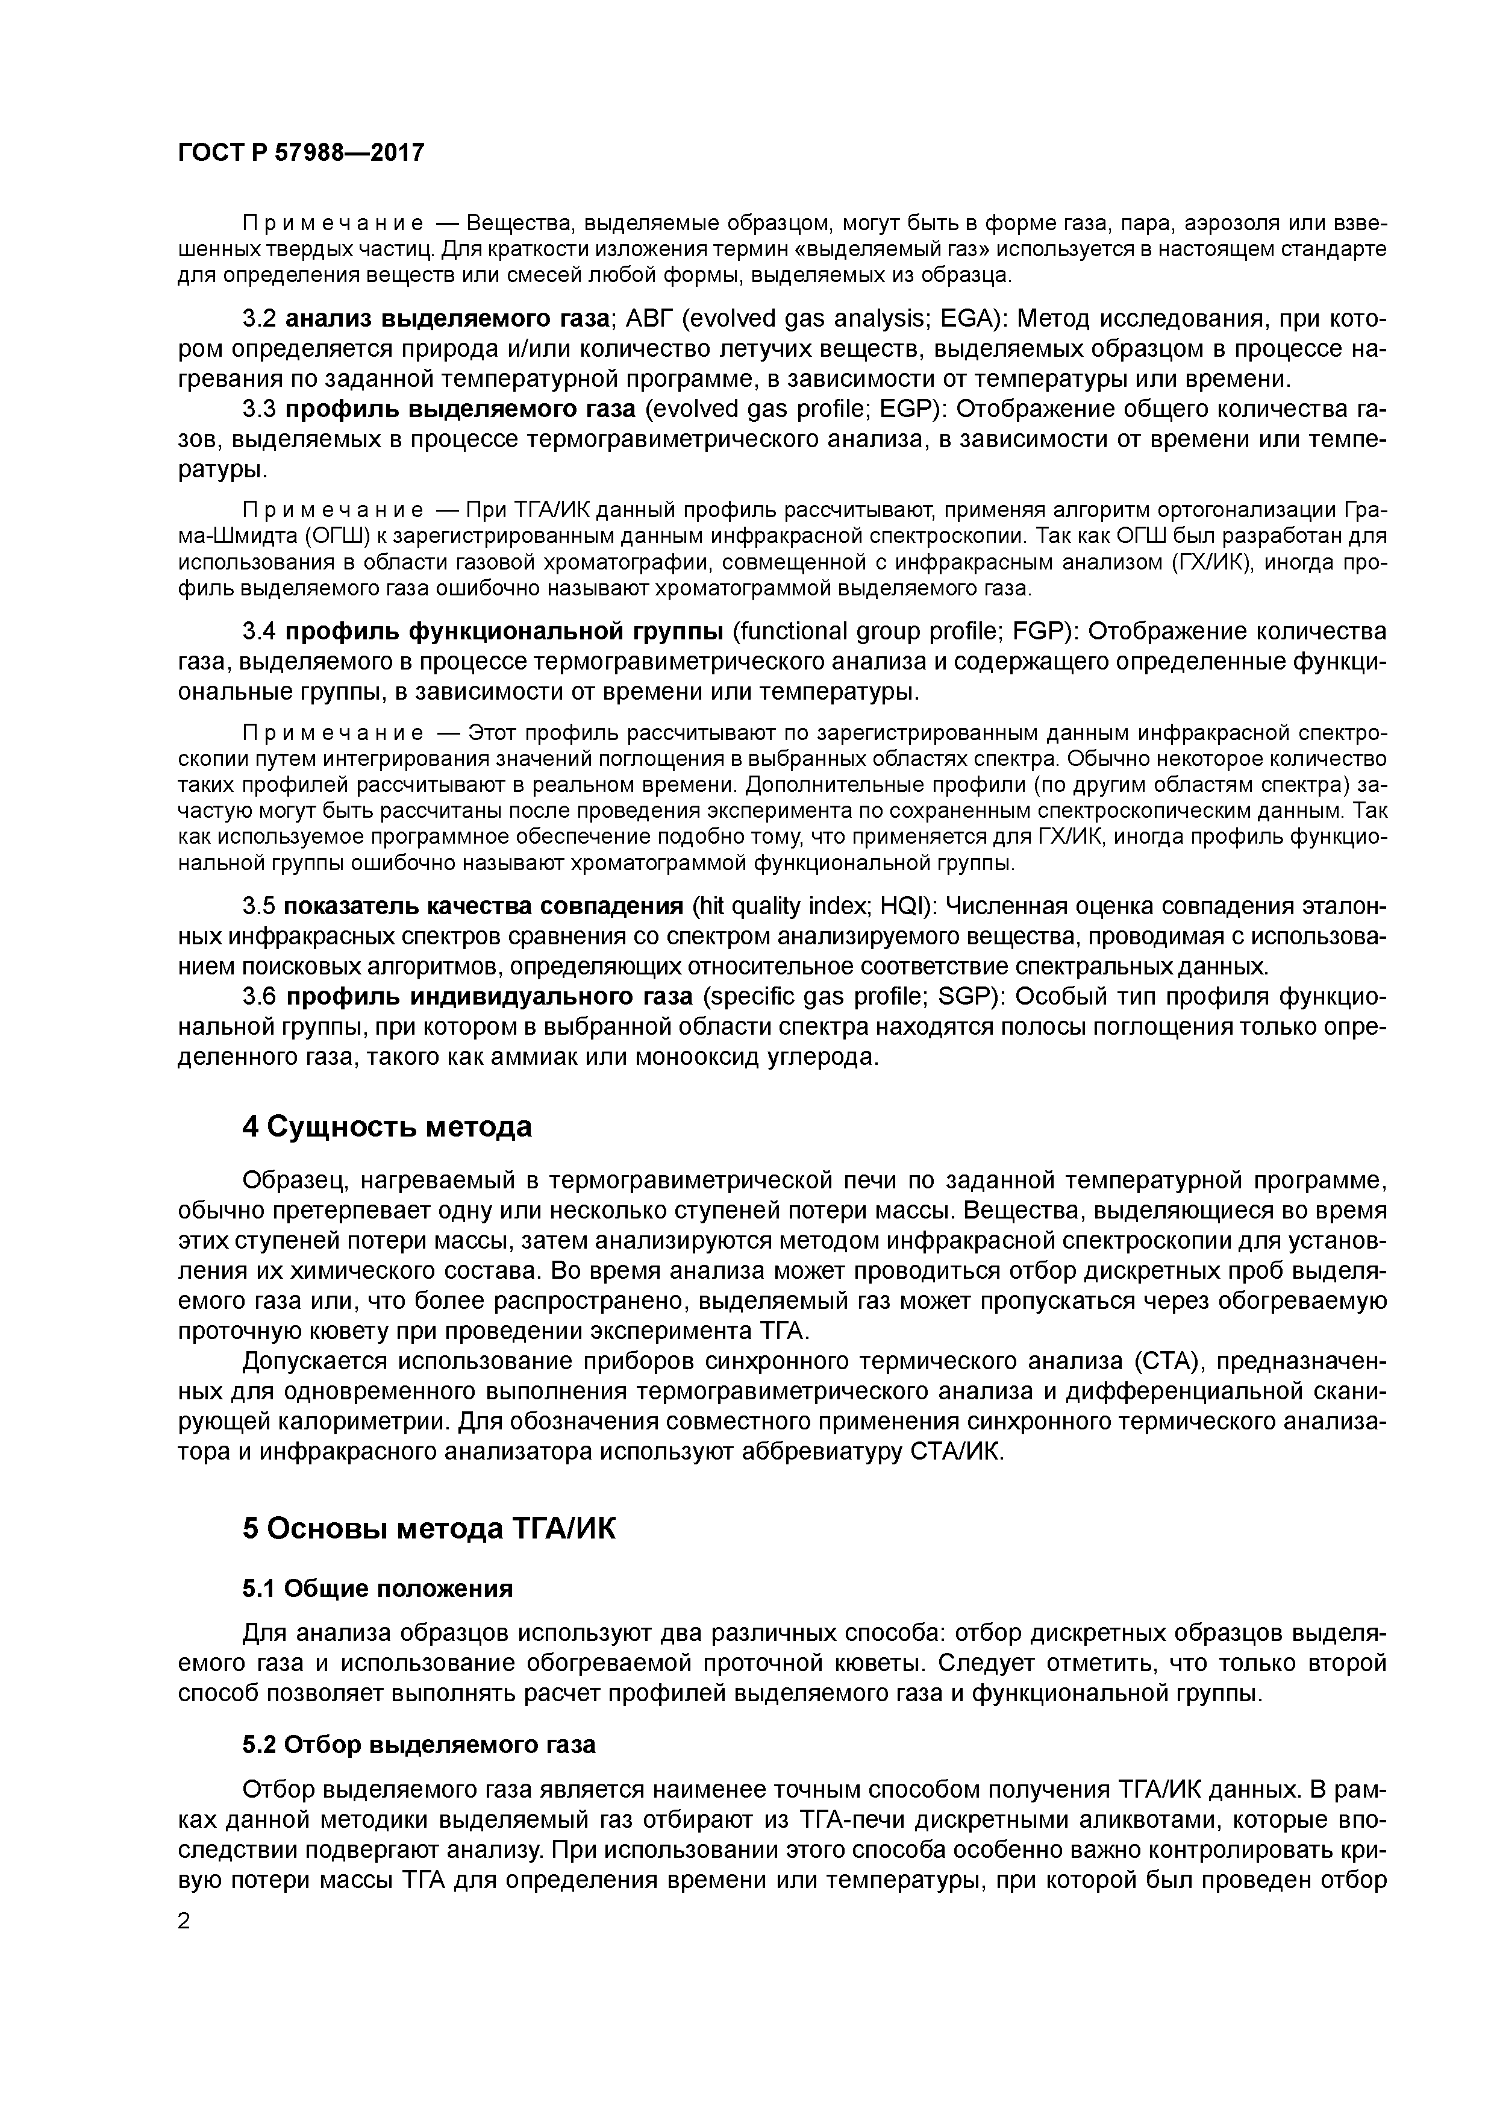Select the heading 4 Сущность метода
(387, 1126)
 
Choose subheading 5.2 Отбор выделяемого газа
(419, 1744)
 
